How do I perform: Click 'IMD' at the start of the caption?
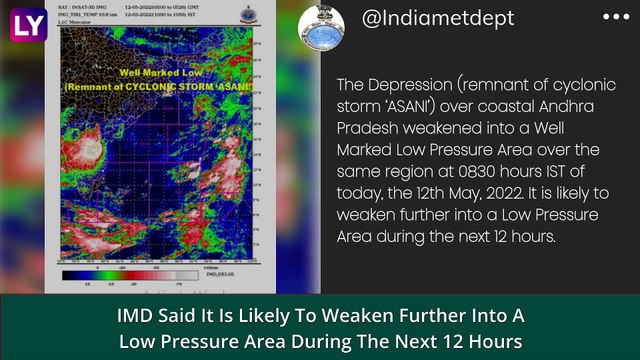(135, 317)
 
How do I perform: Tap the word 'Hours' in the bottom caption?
(492, 341)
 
